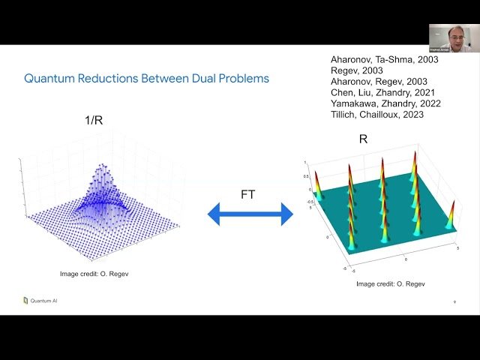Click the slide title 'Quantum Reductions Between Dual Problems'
click(x=146, y=78)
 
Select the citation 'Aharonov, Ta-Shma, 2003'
click(x=385, y=58)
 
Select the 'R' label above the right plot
click(x=364, y=139)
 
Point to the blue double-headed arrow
click(x=250, y=215)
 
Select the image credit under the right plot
click(x=391, y=283)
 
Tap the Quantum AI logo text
click(x=43, y=301)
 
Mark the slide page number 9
click(x=454, y=302)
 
